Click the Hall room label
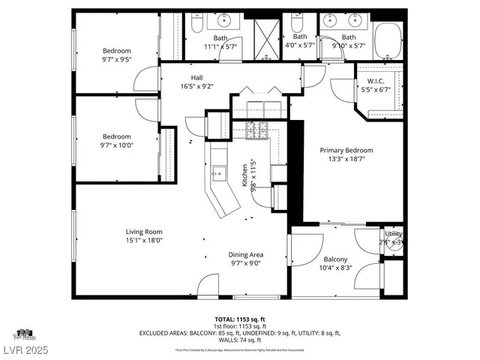point(196,77)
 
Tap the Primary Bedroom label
point(346,150)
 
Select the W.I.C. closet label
point(376,81)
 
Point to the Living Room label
point(143,232)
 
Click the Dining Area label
point(246,255)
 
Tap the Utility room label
point(393,234)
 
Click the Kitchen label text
point(244,175)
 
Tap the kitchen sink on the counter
point(218,174)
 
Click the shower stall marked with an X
point(266,35)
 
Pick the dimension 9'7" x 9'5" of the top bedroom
point(117,59)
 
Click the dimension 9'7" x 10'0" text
point(117,145)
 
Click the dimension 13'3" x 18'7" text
point(346,159)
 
